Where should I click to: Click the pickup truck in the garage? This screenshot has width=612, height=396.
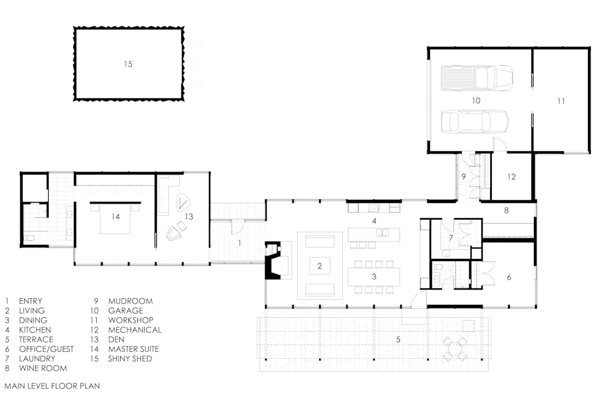pyautogui.click(x=477, y=78)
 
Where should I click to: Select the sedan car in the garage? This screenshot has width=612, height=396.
pyautogui.click(x=475, y=121)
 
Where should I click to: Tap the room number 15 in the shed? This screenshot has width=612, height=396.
pyautogui.click(x=128, y=64)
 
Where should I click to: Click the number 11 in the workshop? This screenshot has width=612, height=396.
pyautogui.click(x=561, y=101)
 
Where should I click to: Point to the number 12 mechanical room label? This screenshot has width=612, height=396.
pyautogui.click(x=511, y=177)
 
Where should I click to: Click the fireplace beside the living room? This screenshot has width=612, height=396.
pyautogui.click(x=273, y=260)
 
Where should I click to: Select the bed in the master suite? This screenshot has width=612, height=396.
pyautogui.click(x=115, y=218)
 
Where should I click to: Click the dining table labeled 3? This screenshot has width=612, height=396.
pyautogui.click(x=374, y=276)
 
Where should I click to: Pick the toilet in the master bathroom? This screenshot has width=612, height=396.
pyautogui.click(x=30, y=238)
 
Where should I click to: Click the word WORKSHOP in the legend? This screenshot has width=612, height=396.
pyautogui.click(x=131, y=320)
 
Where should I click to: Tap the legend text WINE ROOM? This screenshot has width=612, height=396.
pyautogui.click(x=43, y=368)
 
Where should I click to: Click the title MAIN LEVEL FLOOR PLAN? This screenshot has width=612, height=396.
pyautogui.click(x=52, y=386)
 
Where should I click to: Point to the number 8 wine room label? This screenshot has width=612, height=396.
pyautogui.click(x=506, y=210)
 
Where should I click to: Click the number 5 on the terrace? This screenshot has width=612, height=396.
pyautogui.click(x=398, y=339)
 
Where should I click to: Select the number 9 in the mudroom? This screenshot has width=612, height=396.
pyautogui.click(x=464, y=177)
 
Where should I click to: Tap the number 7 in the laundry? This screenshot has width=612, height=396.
pyautogui.click(x=451, y=238)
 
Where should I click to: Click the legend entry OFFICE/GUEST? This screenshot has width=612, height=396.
pyautogui.click(x=46, y=349)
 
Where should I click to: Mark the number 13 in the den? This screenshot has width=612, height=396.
pyautogui.click(x=189, y=216)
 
